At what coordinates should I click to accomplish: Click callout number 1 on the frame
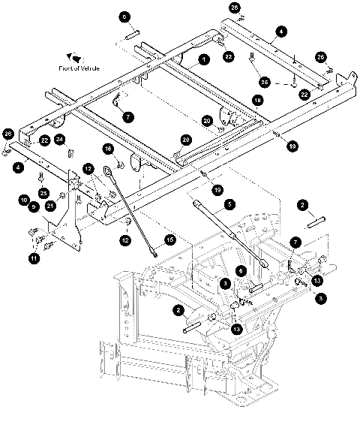202,59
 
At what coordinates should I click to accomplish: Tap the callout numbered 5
230,203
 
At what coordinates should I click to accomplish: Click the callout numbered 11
34,259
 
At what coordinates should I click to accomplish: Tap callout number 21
50,206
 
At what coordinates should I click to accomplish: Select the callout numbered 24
60,140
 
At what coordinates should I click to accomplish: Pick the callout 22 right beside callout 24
44,140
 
